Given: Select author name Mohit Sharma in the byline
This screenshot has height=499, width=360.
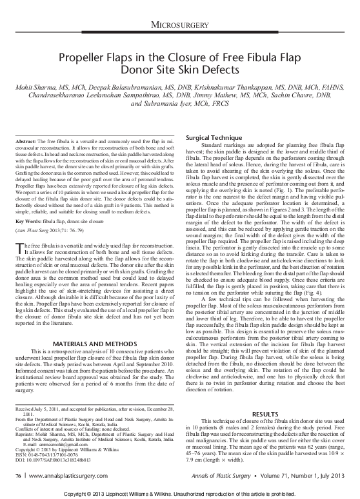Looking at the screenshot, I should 38,86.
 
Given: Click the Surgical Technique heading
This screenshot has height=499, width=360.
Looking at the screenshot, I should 210,139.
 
